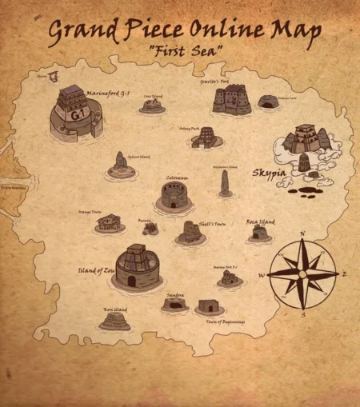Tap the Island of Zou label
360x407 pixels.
pos(96,270)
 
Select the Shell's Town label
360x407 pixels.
pos(212,225)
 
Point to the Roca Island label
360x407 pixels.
pos(260,221)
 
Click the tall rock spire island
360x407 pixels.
pos(226,183)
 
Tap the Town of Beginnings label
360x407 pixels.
pos(225,321)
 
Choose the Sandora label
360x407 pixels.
pos(175,295)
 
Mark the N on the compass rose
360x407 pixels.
pos(302,234)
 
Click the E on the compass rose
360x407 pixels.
pos(344,273)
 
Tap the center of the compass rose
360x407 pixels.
pos(302,274)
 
